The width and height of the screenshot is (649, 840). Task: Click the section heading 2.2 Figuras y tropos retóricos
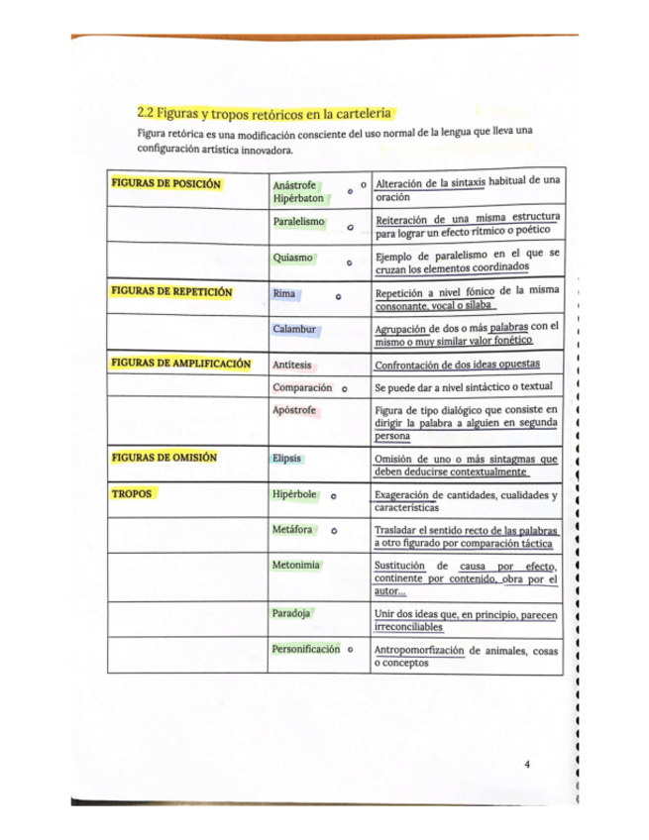coord(266,113)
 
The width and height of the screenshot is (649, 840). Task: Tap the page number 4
coord(527,764)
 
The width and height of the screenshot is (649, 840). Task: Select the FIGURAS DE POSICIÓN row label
coord(165,183)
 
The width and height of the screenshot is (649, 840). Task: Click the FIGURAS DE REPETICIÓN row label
coord(171,292)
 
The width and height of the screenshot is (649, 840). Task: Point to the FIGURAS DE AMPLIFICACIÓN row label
coord(180,364)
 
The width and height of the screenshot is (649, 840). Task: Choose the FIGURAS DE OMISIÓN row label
coord(164,458)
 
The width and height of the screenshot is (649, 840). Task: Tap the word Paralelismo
coord(299,221)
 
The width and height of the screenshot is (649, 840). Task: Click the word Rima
coord(284,293)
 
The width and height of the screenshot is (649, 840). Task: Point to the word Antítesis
coord(292,365)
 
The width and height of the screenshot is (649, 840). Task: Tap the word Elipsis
coord(288,458)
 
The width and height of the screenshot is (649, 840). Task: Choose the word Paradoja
coord(292,613)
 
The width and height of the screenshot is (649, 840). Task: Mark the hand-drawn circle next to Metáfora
coord(335,531)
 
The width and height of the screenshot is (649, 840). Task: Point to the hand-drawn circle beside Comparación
coord(343,387)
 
